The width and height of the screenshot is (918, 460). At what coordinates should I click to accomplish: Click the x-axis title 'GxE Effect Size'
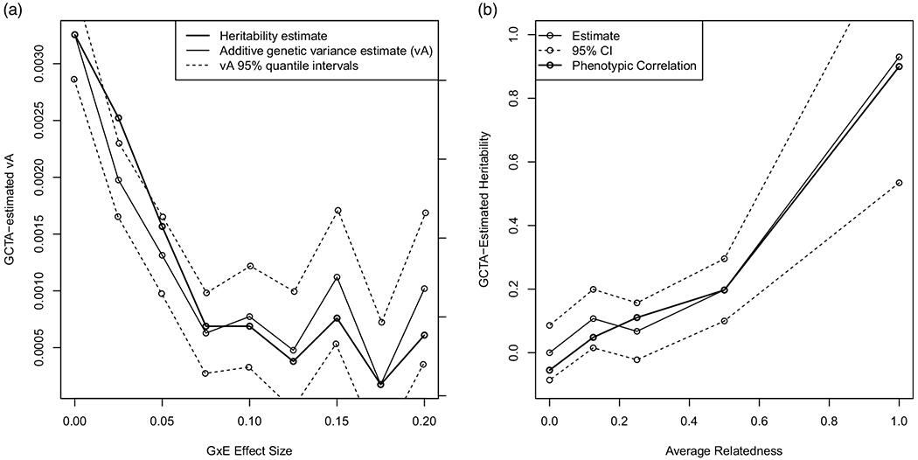[x=249, y=450]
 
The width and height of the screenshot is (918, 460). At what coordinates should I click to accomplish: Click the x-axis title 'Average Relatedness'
[x=724, y=450]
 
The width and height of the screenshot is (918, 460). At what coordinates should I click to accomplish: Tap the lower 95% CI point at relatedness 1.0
[x=899, y=183]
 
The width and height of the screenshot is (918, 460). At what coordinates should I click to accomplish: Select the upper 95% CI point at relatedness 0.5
[x=724, y=258]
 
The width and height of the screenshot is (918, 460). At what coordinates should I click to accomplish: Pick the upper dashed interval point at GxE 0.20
[x=424, y=213]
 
